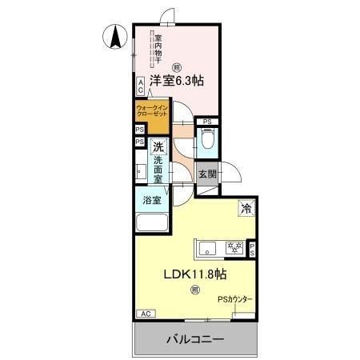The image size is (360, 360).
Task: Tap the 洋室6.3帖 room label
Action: point(174,81)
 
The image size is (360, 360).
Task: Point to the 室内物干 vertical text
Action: point(158,50)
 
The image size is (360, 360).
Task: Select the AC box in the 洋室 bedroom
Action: point(140,82)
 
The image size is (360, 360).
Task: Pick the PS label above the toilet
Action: point(206,122)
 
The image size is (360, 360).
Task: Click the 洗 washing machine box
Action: point(158,146)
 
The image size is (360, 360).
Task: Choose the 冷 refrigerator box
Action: point(245,209)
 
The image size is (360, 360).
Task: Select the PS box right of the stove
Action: point(251,249)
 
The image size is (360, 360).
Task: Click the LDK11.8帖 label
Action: point(194,274)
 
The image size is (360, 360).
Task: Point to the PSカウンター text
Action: point(236,300)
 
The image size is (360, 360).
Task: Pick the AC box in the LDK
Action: point(145,314)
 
